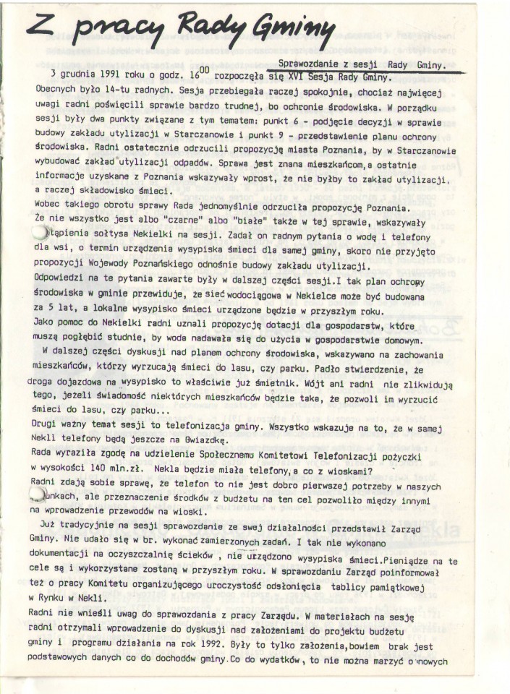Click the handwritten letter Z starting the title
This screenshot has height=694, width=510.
point(41,27)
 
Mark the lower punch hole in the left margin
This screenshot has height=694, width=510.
point(37,493)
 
